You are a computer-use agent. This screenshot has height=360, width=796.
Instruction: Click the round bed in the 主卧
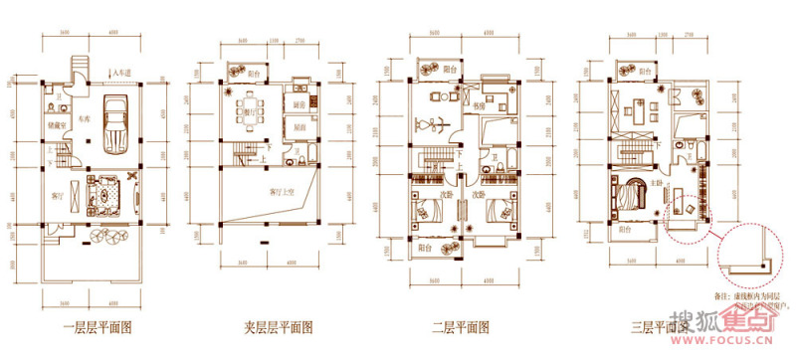tap(629, 195)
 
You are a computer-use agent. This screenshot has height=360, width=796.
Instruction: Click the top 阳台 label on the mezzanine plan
tap(254, 73)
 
